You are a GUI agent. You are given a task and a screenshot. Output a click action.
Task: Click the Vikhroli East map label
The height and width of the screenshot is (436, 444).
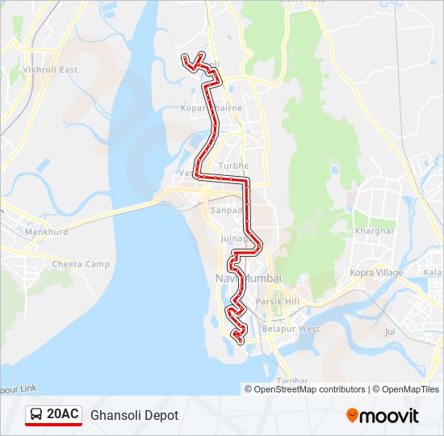50,69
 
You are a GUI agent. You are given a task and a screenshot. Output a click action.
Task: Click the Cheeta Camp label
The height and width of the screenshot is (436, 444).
81,264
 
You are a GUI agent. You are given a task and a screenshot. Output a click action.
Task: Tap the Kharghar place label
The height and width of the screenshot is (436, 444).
375,230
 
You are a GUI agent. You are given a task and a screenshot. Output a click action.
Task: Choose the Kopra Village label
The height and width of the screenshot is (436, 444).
376,273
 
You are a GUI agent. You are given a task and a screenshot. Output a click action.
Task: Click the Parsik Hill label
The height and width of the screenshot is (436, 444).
277,301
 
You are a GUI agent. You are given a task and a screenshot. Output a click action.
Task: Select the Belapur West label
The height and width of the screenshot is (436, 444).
296,329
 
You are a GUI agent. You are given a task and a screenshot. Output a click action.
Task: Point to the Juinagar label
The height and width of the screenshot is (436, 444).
235,239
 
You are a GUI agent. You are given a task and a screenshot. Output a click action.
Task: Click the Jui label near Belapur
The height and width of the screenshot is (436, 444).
390,331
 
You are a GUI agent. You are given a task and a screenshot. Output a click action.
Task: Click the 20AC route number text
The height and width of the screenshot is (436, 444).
63,414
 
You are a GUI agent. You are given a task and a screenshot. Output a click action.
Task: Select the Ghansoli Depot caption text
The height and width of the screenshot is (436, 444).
134,415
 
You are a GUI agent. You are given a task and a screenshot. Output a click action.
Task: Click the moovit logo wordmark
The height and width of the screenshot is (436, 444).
390,416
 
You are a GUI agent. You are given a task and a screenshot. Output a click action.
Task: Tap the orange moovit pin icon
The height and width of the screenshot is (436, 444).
352,416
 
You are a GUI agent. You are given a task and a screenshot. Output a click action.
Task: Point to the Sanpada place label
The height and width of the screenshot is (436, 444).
227,210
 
